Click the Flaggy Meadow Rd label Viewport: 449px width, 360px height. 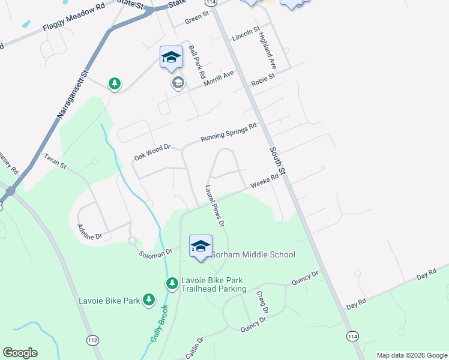coord(73,22)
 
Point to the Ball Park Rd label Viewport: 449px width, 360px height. coord(196,63)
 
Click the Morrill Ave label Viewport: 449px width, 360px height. coord(217,79)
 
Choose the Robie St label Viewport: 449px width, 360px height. coord(263,77)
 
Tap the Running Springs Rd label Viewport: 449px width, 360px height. coord(229,132)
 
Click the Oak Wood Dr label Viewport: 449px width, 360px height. coord(152,151)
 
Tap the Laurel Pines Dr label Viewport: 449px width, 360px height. coord(214,206)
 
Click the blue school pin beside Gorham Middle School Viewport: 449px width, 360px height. coord(200,246)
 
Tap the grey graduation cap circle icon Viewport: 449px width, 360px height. coord(178,82)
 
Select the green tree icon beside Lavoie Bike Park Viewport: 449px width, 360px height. coord(148,299)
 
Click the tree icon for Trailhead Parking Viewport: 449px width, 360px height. coord(172,282)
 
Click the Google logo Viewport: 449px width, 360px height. coord(20,353)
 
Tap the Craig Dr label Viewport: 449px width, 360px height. coord(262,302)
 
